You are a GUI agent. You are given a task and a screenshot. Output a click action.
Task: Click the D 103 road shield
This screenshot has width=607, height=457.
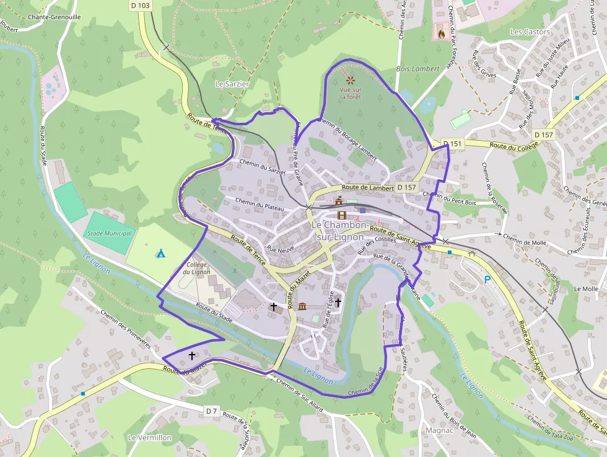click(140, 5)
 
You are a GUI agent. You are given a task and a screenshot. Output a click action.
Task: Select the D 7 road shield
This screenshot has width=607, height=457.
click(211, 411)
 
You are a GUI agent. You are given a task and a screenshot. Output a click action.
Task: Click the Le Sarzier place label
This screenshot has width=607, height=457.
click(232, 84)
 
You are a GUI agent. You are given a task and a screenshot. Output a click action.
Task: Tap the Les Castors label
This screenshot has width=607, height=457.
click(530, 32)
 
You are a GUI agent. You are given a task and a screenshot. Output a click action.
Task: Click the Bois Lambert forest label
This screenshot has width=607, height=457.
click(417, 69)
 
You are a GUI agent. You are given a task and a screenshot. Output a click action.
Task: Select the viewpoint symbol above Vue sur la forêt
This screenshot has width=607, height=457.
click(351, 80)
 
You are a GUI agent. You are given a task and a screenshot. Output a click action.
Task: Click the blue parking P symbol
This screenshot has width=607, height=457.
click(487, 280)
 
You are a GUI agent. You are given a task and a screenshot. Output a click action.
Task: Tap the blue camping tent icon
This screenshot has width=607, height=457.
click(160, 253)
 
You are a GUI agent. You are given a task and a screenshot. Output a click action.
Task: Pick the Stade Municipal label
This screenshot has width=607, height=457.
click(110, 233)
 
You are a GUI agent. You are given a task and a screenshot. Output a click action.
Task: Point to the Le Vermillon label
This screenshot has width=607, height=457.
click(149, 437)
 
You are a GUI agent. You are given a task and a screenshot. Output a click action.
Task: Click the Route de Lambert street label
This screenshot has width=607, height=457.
click(367, 187)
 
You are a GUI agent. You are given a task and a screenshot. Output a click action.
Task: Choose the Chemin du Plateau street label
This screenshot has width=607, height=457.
click(261, 203)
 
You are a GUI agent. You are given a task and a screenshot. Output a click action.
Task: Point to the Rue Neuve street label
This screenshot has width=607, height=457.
click(279, 247)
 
